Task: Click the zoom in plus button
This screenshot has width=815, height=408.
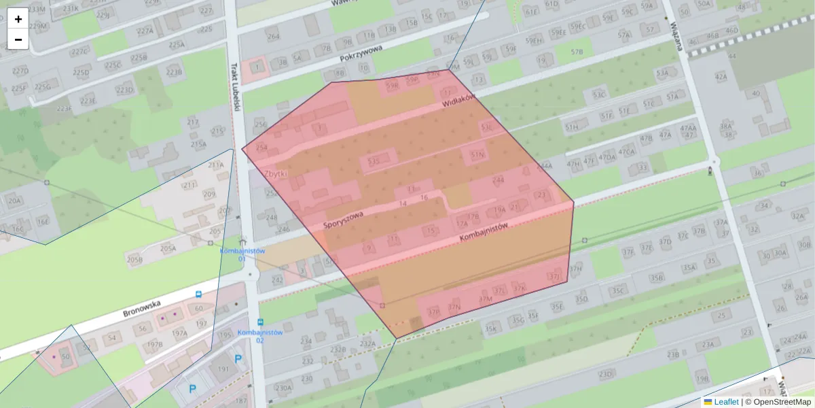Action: [18, 18]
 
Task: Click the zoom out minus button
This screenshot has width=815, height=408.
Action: [18, 39]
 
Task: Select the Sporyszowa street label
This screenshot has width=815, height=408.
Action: [344, 220]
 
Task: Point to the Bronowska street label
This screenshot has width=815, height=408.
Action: [141, 312]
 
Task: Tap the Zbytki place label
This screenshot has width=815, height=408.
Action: [276, 174]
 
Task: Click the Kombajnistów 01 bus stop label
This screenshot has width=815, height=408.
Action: [241, 254]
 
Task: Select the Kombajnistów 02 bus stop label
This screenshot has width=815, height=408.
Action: [260, 336]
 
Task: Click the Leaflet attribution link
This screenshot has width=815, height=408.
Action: [726, 402]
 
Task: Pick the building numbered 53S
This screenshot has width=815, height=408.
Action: [373, 161]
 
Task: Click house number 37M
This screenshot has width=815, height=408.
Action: [485, 299]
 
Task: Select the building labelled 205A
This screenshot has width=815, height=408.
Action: [168, 249]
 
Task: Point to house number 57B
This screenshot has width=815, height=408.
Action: [577, 52]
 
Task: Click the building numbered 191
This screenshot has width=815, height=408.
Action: [223, 369]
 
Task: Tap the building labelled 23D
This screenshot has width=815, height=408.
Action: [605, 373]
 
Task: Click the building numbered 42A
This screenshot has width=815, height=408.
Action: [721, 77]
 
